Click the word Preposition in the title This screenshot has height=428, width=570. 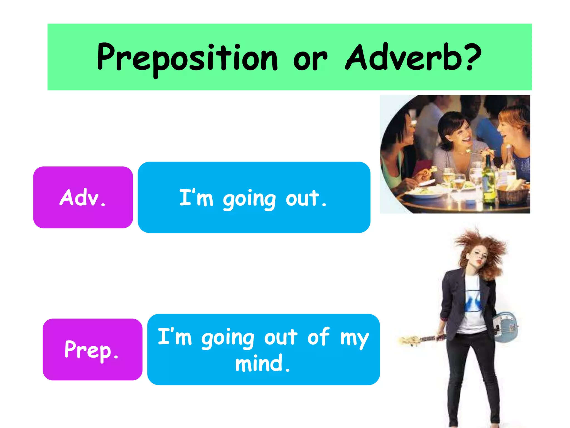point(187,58)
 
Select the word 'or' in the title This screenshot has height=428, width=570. point(310,60)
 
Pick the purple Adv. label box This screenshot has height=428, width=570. point(83,197)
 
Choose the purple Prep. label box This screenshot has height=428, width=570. point(92,349)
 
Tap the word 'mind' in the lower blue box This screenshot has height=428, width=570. point(259,363)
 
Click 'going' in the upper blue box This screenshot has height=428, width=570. point(249,199)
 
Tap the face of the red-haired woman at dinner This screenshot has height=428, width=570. point(505,128)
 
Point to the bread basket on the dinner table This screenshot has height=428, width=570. point(514,192)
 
